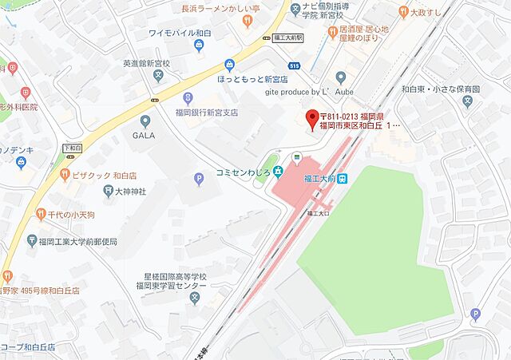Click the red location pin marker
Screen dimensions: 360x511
[x=312, y=118]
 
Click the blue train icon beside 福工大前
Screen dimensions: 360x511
[x=343, y=179]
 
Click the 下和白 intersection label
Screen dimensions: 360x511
[x=72, y=148]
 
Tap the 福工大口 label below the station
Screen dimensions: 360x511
[x=317, y=214]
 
